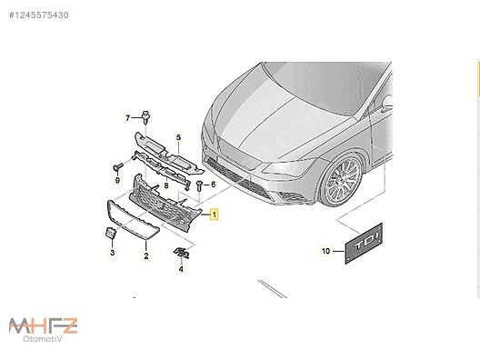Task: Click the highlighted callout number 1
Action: (215, 215)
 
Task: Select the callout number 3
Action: (112, 252)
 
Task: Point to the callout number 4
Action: (181, 269)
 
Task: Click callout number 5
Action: (179, 137)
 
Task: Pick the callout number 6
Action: (212, 185)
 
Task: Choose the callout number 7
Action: (128, 117)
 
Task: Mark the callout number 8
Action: (165, 185)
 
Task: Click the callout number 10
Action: (325, 249)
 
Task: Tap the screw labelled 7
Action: (146, 116)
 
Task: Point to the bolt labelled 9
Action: (116, 167)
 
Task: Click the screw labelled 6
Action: (198, 185)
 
